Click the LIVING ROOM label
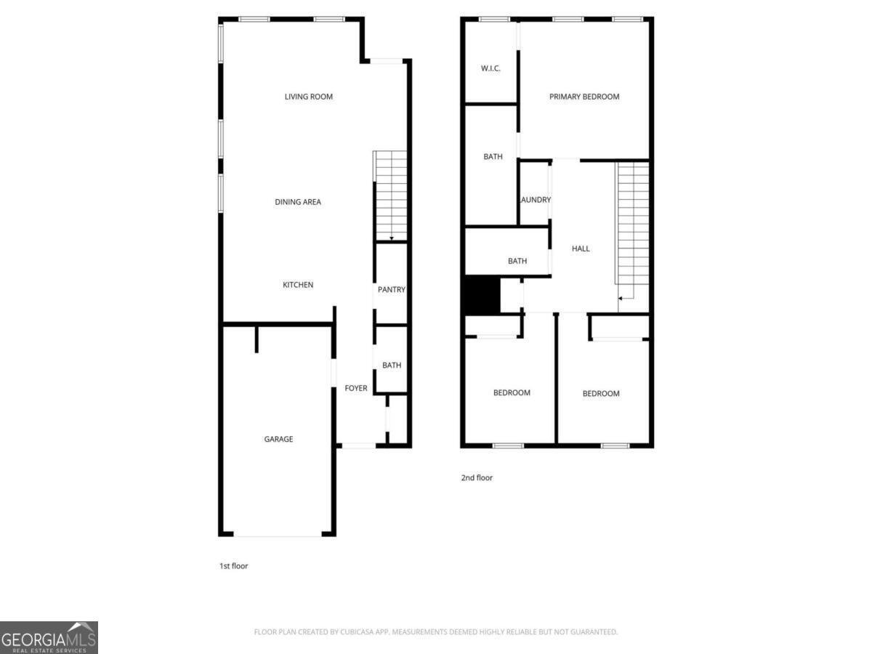pos(309,97)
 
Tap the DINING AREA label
pos(298,202)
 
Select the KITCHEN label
pos(298,285)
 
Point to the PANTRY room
pos(391,290)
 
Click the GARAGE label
pos(278,439)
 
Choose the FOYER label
pos(356,389)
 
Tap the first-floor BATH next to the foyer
pos(392,366)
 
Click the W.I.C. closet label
pos(491,69)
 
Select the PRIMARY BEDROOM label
pos(584,97)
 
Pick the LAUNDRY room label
pos(535,200)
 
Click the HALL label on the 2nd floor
pos(581,249)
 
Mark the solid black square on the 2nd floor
pos(482,295)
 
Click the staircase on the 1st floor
pos(391,195)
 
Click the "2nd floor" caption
pos(477,478)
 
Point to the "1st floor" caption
pos(234,565)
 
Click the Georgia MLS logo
pos(49,637)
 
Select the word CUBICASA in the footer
pos(359,632)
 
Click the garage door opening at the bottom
pos(278,536)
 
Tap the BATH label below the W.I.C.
pos(493,157)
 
